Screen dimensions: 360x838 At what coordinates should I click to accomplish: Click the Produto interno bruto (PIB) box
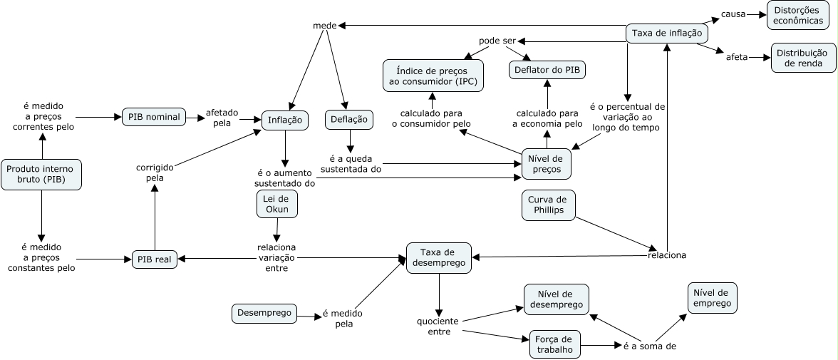pos(41,174)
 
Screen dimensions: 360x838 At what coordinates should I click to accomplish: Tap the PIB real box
pos(154,260)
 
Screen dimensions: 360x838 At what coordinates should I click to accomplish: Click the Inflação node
pos(285,120)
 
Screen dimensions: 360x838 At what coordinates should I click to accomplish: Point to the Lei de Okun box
pos(276,204)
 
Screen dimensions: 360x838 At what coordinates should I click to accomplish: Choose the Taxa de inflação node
pos(667,33)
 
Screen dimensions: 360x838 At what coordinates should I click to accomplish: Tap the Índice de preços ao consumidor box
pos(433,76)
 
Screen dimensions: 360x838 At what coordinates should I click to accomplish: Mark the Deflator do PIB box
pos(547,69)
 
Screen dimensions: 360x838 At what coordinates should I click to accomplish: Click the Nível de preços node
pos(547,163)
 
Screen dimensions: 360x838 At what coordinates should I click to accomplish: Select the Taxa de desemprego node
pos(438,257)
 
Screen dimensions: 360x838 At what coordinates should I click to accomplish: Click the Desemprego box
pos(264,312)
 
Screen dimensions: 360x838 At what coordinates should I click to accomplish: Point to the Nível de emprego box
pos(711,298)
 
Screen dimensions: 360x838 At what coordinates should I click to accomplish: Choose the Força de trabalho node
pos(554,344)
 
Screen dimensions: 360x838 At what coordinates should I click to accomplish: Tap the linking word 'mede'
pos(325,26)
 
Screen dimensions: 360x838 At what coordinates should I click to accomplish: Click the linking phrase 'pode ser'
pos(497,41)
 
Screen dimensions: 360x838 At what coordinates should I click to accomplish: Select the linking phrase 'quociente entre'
pos(439,326)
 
